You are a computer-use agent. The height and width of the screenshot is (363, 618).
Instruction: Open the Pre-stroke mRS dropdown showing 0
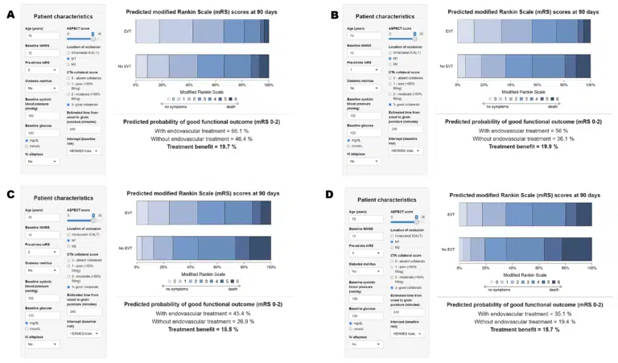[38, 69]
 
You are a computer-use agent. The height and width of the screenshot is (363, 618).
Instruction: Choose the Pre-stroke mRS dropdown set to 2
[38, 252]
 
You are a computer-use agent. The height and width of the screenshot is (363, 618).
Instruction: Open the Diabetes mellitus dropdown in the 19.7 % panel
[38, 89]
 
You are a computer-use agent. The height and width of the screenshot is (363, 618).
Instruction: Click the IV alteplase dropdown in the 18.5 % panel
[38, 344]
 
